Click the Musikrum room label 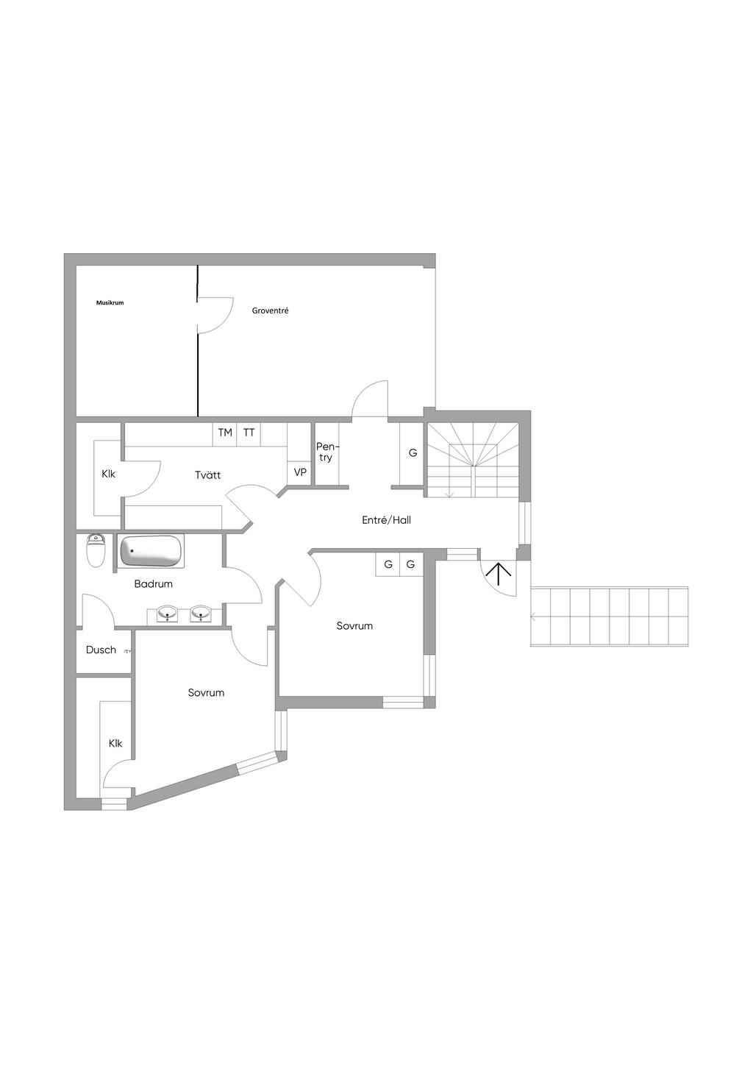[x=110, y=302]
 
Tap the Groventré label [x=270, y=310]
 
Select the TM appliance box [x=225, y=433]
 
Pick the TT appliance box [x=249, y=433]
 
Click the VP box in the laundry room [x=300, y=473]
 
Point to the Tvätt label [x=208, y=475]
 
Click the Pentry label [x=327, y=452]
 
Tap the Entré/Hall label [x=386, y=520]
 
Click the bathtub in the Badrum [x=151, y=552]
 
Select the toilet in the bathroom [x=96, y=550]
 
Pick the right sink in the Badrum [x=201, y=613]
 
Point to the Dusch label [x=101, y=650]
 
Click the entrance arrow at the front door [x=498, y=574]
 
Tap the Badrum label [x=153, y=584]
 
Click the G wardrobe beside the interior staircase [x=412, y=453]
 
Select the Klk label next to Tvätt [x=108, y=474]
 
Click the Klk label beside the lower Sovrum [x=115, y=743]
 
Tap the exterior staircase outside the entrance [x=610, y=616]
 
